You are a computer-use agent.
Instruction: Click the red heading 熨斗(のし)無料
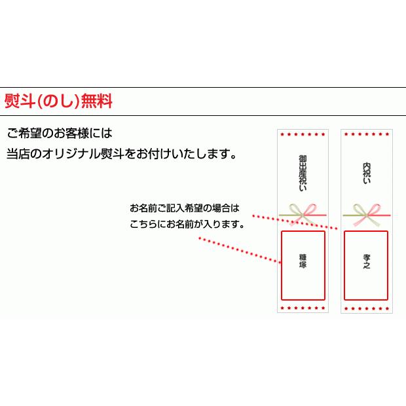pyautogui.click(x=58, y=102)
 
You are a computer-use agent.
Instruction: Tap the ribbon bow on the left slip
pyautogui.click(x=303, y=212)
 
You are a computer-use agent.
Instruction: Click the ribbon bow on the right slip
pyautogui.click(x=366, y=212)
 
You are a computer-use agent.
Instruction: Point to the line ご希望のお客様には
pyautogui.click(x=60, y=133)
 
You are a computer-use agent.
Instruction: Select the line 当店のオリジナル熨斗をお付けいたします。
pyautogui.click(x=121, y=155)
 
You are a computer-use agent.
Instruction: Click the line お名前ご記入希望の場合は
pyautogui.click(x=185, y=209)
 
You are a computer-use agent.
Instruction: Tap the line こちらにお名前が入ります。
pyautogui.click(x=187, y=224)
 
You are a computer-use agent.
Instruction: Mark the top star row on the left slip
pyautogui.click(x=303, y=134)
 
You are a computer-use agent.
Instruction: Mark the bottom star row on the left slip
pyautogui.click(x=303, y=306)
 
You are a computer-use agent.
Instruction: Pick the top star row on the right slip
pyautogui.click(x=366, y=134)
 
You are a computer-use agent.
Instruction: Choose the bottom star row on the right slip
pyautogui.click(x=366, y=306)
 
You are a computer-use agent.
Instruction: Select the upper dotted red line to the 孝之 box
pyautogui.click(x=295, y=221)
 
